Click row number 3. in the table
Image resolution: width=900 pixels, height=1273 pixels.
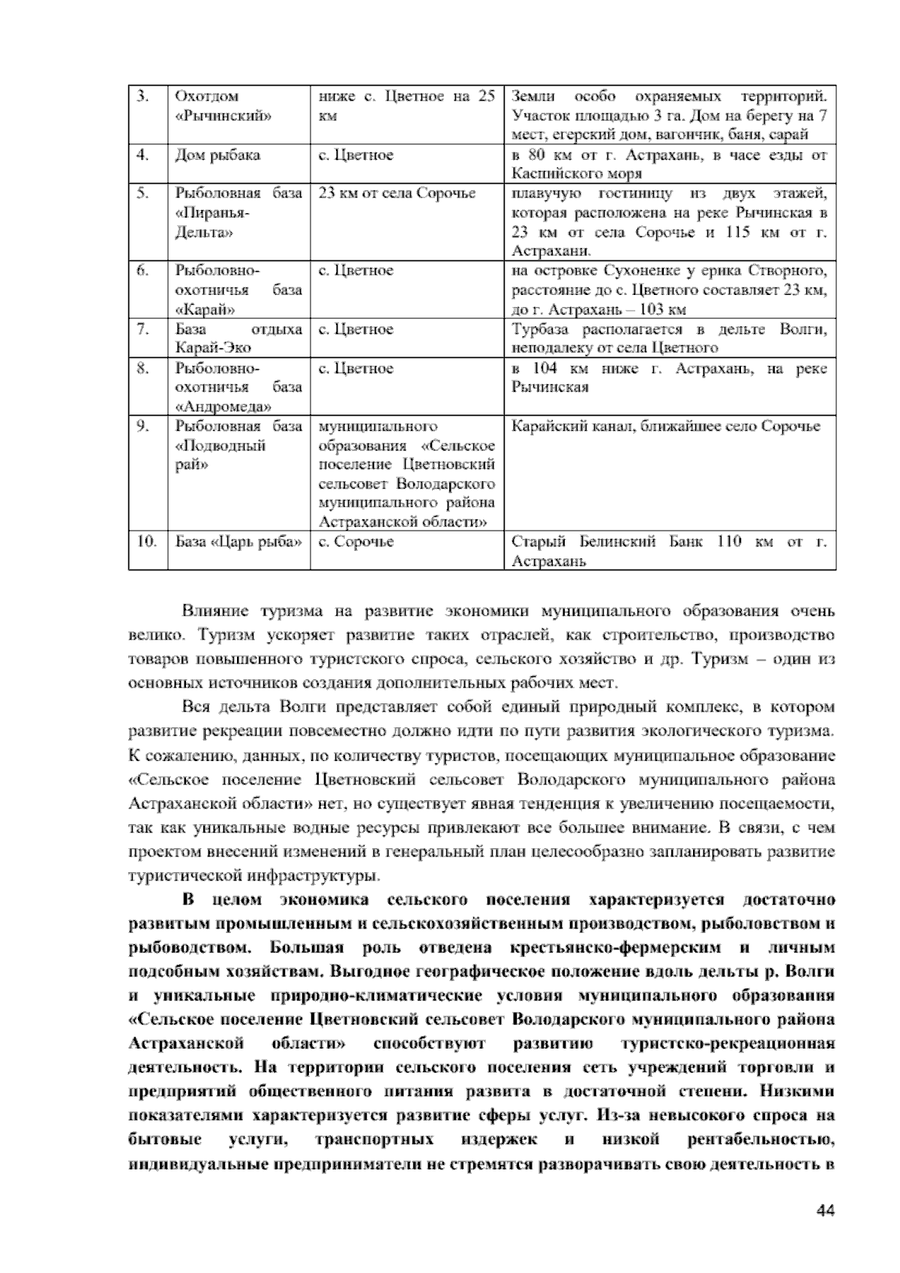click(143, 97)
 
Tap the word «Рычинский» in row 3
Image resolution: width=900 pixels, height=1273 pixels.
click(223, 116)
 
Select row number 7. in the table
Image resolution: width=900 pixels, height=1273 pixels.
click(143, 330)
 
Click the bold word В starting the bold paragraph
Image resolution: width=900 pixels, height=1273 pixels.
click(188, 899)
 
